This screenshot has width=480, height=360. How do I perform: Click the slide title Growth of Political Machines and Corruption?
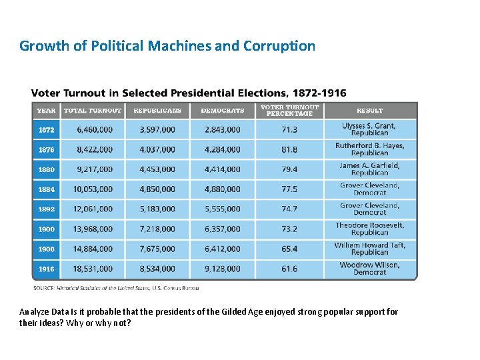(167, 46)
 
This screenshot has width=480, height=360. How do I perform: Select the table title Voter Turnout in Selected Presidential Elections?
(189, 93)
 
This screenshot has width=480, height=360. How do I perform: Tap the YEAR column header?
(46, 111)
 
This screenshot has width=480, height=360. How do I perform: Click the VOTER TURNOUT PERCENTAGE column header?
(289, 111)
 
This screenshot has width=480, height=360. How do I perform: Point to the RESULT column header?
(369, 111)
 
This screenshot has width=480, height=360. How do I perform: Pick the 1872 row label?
(46, 130)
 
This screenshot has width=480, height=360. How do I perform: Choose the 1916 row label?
(46, 269)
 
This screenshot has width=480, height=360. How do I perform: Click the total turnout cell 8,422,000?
(95, 149)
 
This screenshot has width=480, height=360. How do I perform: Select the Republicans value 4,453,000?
(157, 169)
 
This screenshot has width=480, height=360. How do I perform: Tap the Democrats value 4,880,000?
(223, 189)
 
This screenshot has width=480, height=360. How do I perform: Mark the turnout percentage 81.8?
(289, 149)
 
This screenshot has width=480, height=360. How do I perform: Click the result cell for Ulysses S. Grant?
(369, 129)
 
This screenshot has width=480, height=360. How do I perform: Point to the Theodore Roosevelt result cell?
(369, 229)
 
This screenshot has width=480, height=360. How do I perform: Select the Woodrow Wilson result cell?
(369, 269)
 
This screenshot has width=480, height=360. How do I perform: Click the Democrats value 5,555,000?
(223, 209)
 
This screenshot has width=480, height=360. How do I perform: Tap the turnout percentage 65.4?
(289, 249)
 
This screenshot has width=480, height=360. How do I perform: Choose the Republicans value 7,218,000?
(157, 229)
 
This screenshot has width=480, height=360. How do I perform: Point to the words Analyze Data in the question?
(39, 312)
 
